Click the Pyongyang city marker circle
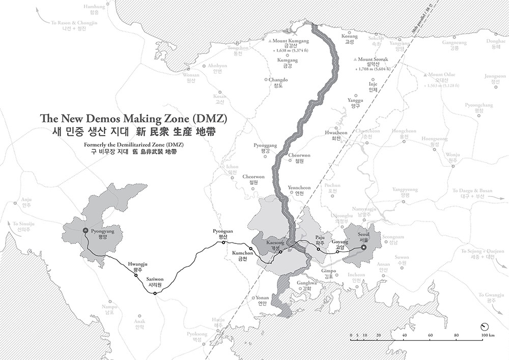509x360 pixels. (x=86, y=232)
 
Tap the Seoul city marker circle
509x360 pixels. (x=363, y=247)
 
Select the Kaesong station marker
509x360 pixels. (x=280, y=252)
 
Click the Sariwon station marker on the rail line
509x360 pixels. (x=155, y=293)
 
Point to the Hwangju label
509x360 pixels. (x=137, y=264)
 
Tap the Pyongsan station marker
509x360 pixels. (x=223, y=242)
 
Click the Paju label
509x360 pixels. (x=320, y=238)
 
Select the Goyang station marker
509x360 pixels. (x=337, y=252)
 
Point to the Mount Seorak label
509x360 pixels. (x=375, y=59)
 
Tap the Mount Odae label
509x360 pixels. (x=444, y=75)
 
